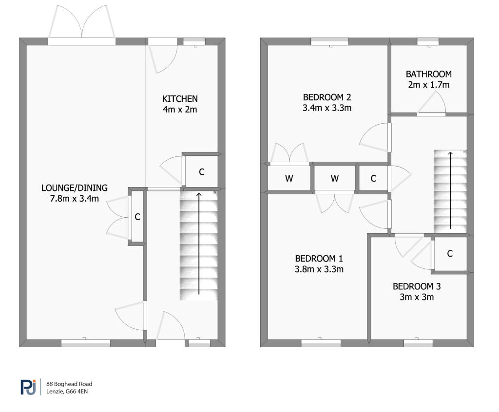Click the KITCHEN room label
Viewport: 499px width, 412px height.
[180, 99]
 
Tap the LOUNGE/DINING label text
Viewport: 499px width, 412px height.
[75, 187]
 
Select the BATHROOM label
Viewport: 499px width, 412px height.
[429, 74]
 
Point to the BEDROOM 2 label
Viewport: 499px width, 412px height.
[327, 97]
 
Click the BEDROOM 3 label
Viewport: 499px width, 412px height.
[417, 286]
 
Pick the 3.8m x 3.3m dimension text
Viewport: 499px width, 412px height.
[319, 269]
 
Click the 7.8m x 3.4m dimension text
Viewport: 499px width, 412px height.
[75, 199]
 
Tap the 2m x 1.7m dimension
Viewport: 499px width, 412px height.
[429, 85]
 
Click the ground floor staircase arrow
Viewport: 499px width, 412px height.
[199, 243]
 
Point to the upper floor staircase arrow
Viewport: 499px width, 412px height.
[450, 190]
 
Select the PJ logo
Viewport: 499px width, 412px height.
[28, 387]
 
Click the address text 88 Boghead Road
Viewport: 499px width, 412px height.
[69, 384]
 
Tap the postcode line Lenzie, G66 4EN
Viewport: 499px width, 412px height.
[67, 392]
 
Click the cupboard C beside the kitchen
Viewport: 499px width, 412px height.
[201, 172]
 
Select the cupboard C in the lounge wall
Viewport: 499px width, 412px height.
[137, 217]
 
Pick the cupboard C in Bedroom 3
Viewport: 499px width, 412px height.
[450, 254]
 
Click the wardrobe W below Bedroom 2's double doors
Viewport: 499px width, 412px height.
[289, 178]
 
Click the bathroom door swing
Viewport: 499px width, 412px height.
[432, 102]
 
